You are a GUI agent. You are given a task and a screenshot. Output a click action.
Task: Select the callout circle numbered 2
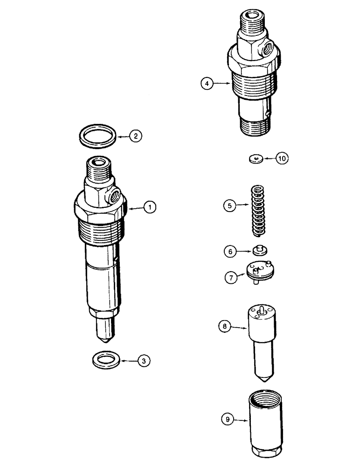pos(135,137)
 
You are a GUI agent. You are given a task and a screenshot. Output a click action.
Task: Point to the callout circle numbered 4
pos(207,83)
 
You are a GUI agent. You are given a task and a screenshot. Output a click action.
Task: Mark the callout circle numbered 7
pos(230,277)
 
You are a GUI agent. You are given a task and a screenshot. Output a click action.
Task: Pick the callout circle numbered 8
pos(225,328)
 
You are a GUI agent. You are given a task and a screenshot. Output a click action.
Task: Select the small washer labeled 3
pos(104,359)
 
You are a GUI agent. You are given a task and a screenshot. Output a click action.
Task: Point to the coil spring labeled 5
pos(258,208)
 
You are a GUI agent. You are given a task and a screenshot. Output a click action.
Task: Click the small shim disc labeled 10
pos(254,159)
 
